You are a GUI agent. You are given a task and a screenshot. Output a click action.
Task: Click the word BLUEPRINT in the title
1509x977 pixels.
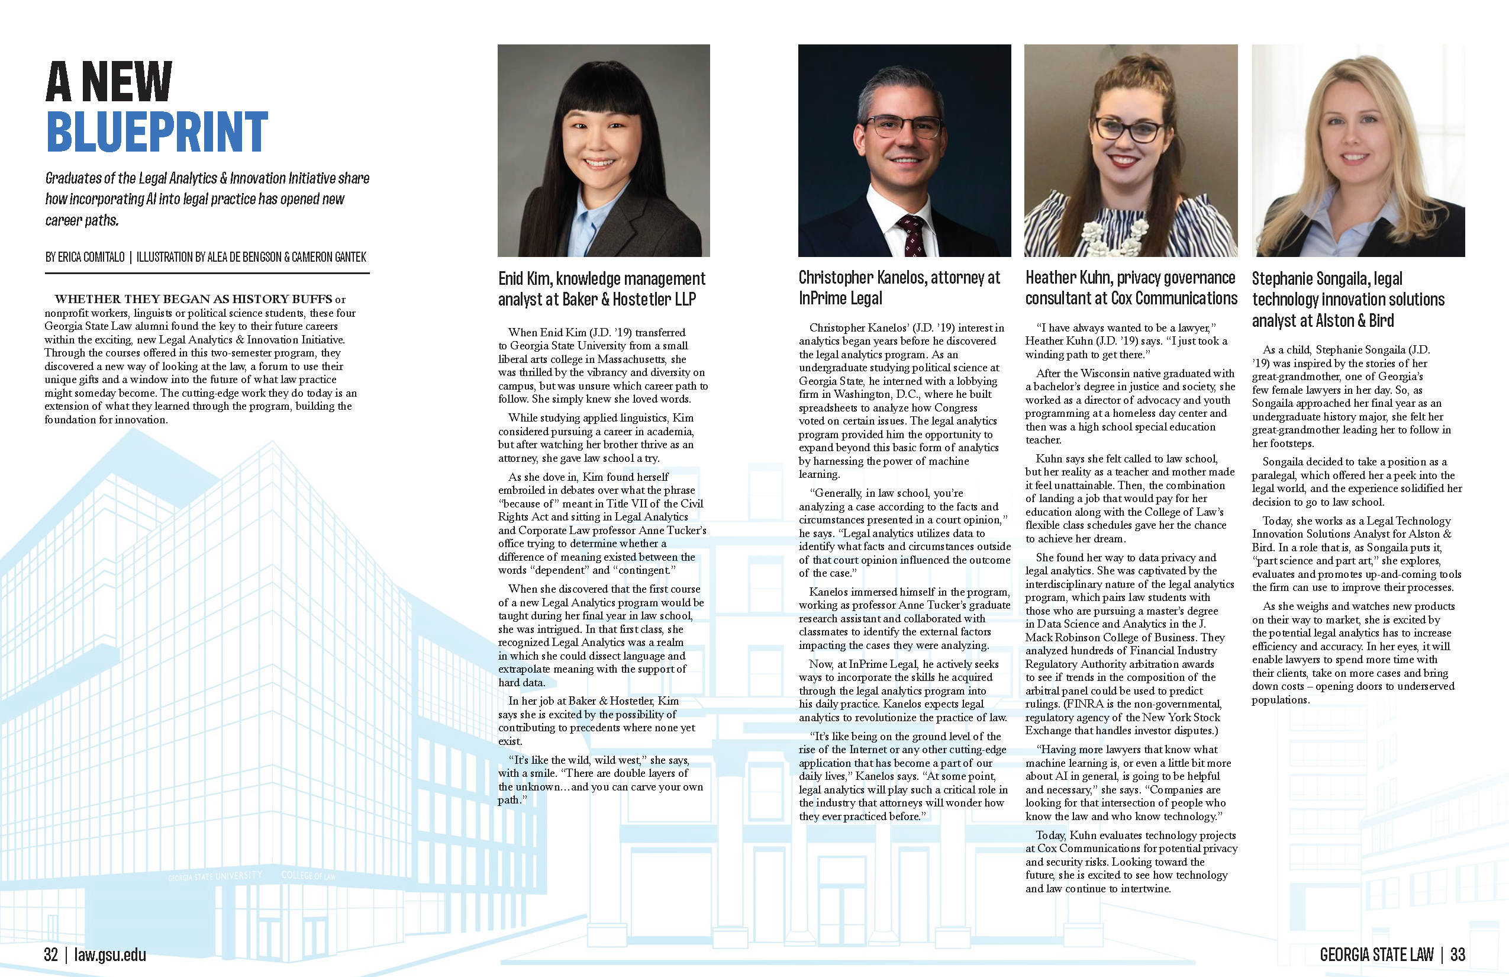click(x=157, y=132)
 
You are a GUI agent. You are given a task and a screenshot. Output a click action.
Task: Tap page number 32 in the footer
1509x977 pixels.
click(x=51, y=954)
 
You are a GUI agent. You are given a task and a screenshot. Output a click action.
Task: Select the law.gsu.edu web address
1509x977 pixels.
click(x=110, y=954)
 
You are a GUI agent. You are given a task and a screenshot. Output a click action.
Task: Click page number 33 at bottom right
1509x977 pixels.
click(x=1458, y=954)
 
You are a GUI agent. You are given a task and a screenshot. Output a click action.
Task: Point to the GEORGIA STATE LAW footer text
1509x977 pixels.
click(x=1376, y=954)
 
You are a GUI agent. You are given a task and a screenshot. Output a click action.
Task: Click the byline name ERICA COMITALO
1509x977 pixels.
click(x=91, y=257)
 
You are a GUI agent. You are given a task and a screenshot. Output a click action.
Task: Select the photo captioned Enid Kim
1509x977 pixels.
click(x=604, y=150)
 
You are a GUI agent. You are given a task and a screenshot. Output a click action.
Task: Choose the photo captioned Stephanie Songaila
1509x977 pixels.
click(x=1358, y=150)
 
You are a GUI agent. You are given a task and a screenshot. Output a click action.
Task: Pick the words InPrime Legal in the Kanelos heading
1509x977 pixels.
click(x=841, y=298)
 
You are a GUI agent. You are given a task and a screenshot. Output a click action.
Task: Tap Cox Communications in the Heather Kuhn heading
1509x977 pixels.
click(x=1173, y=298)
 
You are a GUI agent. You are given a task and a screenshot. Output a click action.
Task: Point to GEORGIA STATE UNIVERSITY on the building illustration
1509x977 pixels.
click(x=215, y=876)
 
